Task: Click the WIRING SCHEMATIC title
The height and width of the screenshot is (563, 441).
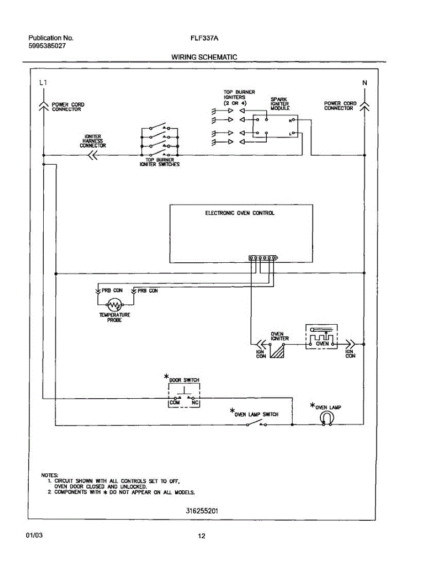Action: [x=204, y=57]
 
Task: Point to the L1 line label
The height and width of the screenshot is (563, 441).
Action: [x=43, y=83]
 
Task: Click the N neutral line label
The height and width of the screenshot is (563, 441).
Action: [x=364, y=83]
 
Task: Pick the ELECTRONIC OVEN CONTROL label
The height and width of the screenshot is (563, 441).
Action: [x=240, y=213]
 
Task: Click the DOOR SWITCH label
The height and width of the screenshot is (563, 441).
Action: [x=184, y=380]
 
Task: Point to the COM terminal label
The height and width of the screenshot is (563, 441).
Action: [x=174, y=403]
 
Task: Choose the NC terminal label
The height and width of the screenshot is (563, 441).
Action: [x=195, y=403]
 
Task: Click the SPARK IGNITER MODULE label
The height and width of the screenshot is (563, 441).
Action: [x=280, y=104]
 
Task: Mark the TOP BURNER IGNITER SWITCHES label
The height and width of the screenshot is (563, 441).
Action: [x=159, y=162]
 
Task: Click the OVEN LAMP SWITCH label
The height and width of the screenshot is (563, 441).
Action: [x=256, y=414]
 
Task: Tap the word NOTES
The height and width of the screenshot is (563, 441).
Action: [x=50, y=475]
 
